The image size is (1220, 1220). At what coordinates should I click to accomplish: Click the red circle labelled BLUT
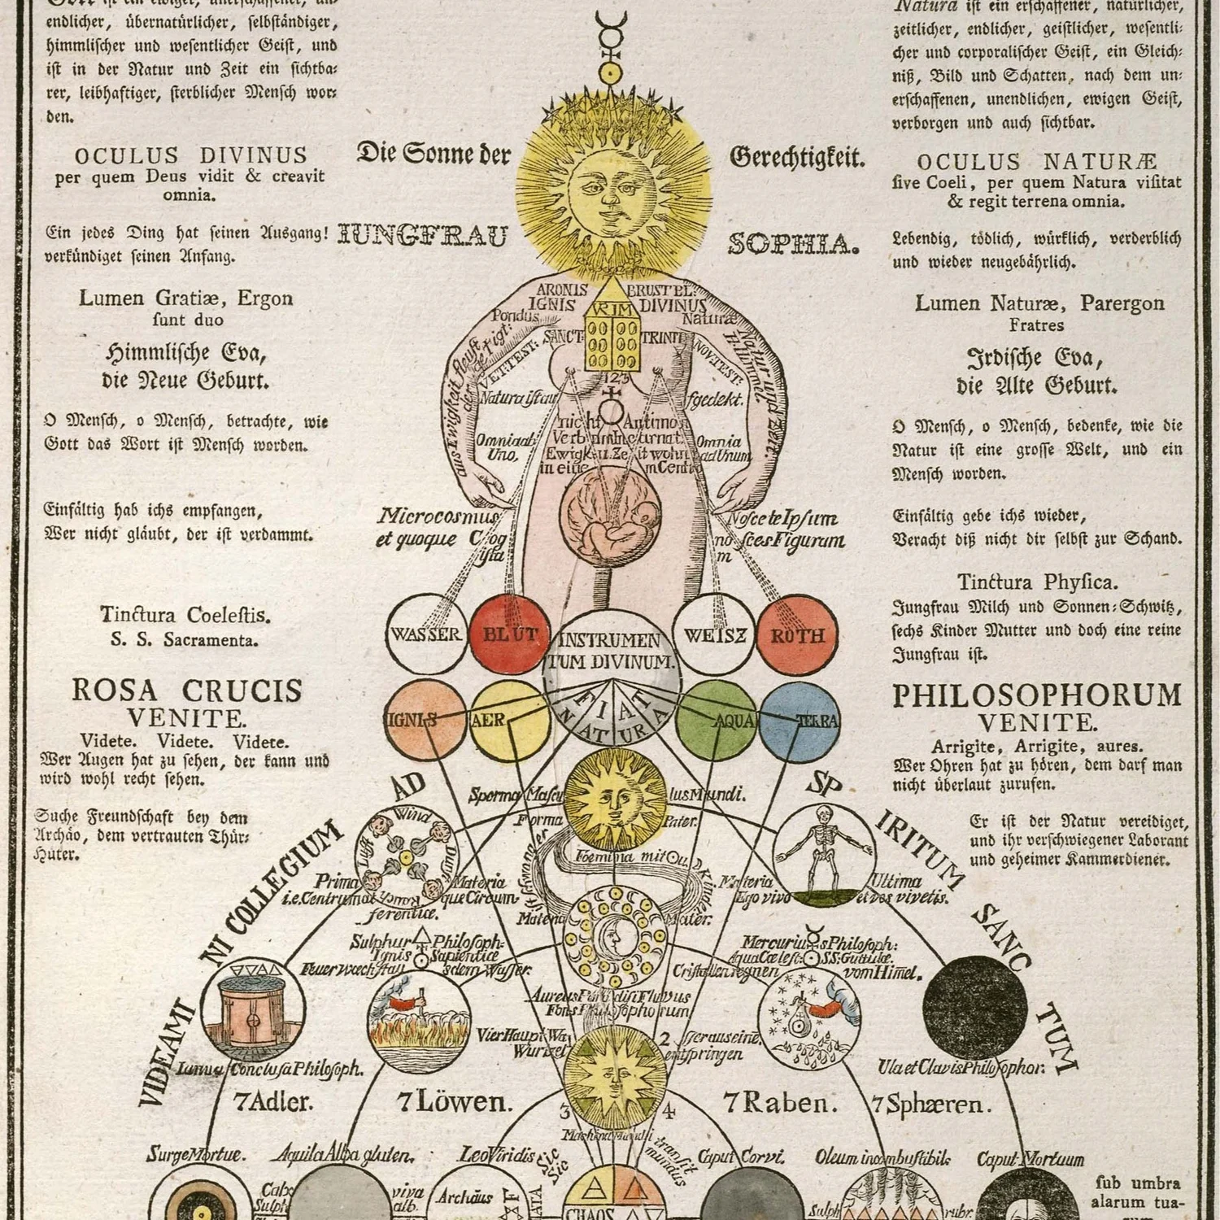tap(510, 635)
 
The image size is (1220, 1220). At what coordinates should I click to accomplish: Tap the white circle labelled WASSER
tap(426, 634)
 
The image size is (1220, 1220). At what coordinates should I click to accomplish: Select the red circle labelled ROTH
tap(797, 635)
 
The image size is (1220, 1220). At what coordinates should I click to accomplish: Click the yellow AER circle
tap(509, 721)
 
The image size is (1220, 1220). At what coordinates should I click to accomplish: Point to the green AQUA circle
tap(717, 721)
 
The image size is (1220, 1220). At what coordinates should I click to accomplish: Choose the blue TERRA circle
tap(800, 721)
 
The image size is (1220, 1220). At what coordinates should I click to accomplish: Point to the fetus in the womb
tap(606, 521)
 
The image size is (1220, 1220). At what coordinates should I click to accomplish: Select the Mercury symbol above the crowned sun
tap(611, 41)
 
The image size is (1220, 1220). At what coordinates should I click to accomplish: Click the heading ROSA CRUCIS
tap(187, 691)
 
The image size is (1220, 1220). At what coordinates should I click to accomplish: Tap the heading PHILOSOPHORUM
tap(1037, 696)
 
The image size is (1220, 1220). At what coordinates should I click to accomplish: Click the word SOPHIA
tap(794, 244)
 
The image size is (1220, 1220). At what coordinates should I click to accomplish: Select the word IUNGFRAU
tap(423, 237)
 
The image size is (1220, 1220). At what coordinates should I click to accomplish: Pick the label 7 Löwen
tap(455, 1103)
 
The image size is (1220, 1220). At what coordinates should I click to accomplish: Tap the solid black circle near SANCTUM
tap(975, 1009)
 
